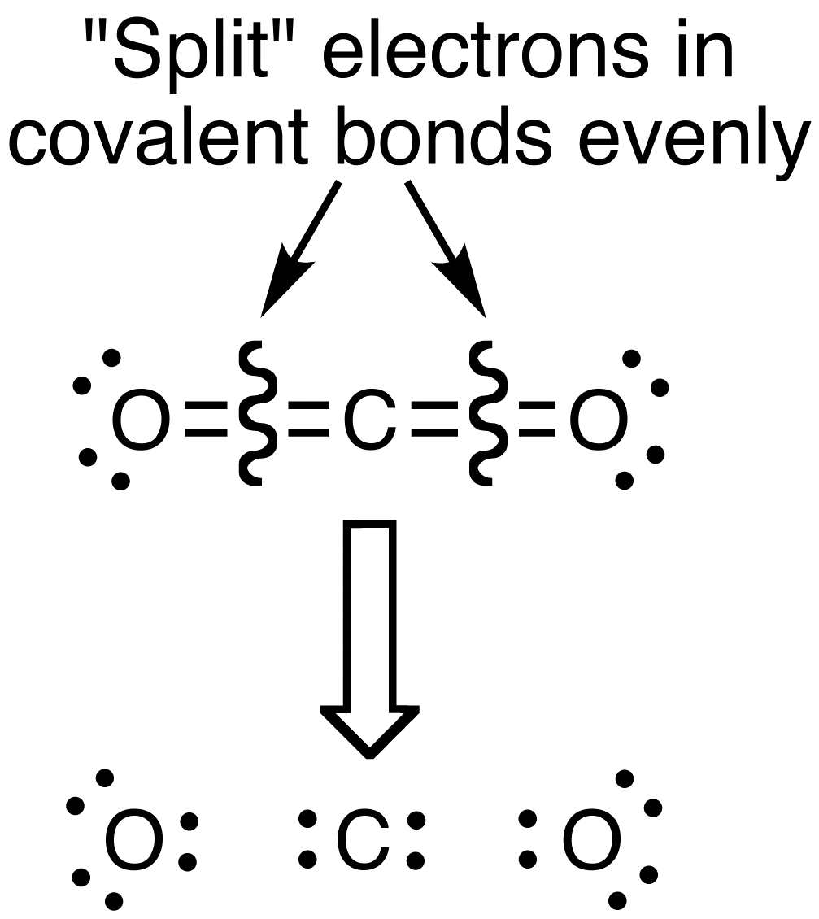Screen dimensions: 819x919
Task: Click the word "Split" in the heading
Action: point(187,50)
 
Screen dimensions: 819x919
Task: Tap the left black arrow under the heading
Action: point(299,249)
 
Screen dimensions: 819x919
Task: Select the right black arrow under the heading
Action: point(446,249)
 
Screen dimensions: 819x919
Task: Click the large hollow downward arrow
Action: point(370,639)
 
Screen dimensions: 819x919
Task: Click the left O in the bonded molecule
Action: point(141,419)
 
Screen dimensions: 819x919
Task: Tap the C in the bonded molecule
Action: point(369,419)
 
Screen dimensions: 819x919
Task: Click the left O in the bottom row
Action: point(134,840)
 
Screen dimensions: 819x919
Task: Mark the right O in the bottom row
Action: point(592,840)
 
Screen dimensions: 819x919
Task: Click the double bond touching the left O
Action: point(206,419)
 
